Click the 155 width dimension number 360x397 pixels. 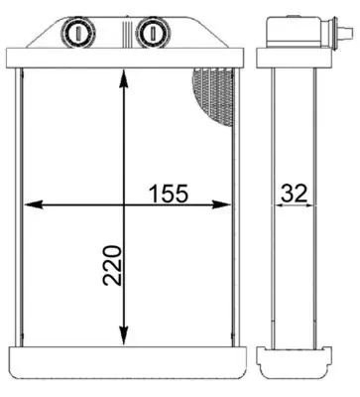169,194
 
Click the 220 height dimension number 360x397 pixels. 112,265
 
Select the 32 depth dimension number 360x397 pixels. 295,194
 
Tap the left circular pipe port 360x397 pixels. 77,33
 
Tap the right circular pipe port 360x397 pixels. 153,33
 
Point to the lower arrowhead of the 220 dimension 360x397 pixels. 124,335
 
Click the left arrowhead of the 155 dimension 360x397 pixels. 34,204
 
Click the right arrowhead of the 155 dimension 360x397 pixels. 221,204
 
